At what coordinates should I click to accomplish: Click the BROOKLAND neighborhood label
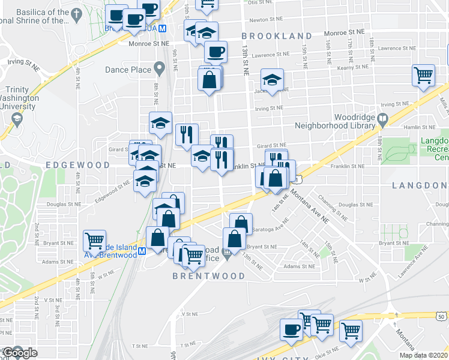pos(277,37)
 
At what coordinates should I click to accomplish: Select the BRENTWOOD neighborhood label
pos(208,276)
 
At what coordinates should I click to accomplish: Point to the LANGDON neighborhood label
pos(420,185)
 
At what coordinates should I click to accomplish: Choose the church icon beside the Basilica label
pos(76,13)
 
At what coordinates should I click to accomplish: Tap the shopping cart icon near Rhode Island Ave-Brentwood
pos(95,240)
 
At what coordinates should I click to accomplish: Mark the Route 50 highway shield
pos(442,316)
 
